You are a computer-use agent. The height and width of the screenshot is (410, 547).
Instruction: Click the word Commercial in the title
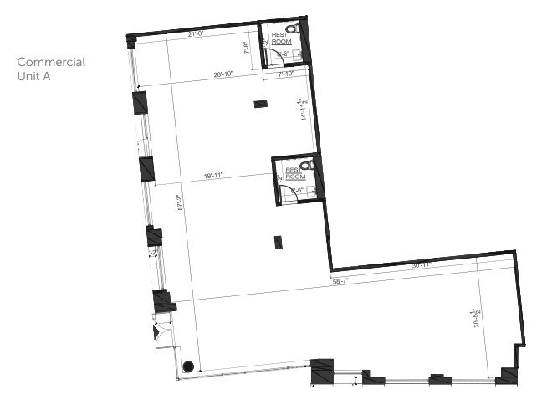(51, 63)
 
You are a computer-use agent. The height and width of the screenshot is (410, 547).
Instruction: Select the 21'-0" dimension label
(197, 34)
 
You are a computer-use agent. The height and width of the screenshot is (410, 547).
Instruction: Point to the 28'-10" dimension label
(222, 75)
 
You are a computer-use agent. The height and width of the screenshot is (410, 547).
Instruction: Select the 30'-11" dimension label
(420, 265)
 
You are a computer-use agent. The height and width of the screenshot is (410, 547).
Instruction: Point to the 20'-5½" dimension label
(475, 318)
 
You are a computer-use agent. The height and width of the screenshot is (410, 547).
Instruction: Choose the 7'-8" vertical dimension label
(247, 49)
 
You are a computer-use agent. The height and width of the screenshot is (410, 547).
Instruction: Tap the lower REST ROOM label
(294, 173)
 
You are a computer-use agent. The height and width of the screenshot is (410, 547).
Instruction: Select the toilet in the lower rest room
(307, 166)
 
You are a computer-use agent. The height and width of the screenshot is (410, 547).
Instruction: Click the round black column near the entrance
(188, 366)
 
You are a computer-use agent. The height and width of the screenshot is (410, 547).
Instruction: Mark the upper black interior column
(261, 104)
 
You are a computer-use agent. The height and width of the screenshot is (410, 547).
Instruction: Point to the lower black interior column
(278, 242)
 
